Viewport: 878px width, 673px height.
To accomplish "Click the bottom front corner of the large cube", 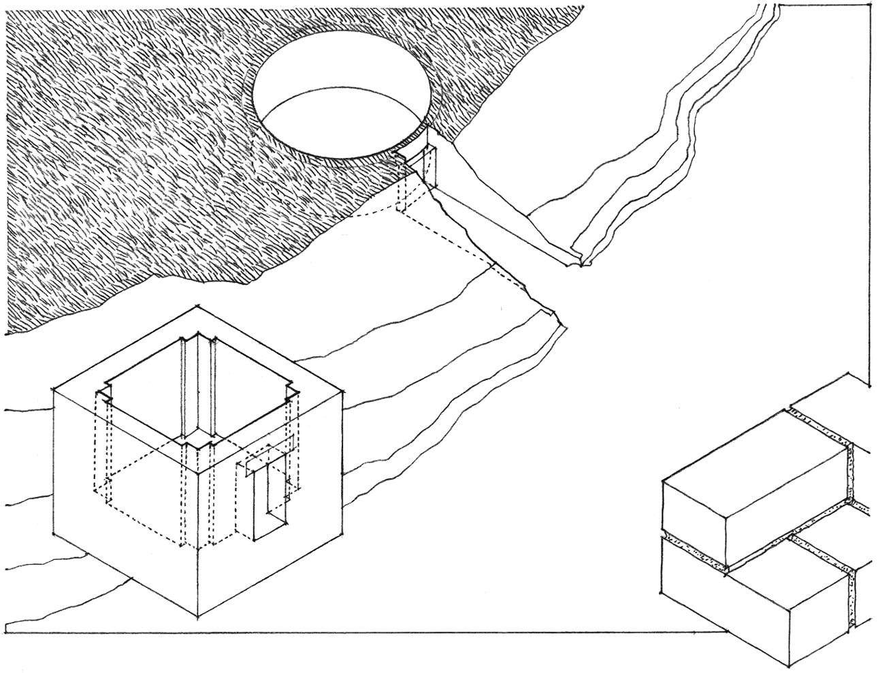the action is tap(199, 619).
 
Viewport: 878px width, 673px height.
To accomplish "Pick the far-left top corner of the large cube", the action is tap(54, 390).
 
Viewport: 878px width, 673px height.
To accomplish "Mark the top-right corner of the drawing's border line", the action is tap(871, 5).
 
